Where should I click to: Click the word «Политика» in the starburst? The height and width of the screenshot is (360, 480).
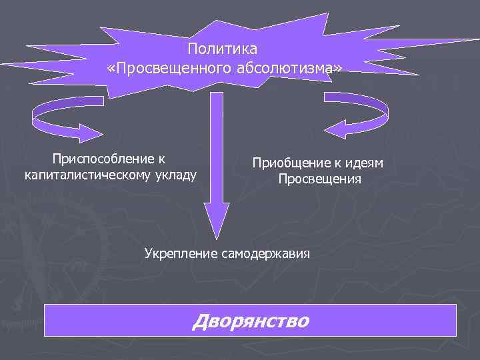pyautogui.click(x=222, y=49)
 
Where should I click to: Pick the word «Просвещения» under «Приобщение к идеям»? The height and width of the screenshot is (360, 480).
pyautogui.click(x=319, y=179)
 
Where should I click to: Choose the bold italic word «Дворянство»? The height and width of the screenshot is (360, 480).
pyautogui.click(x=250, y=321)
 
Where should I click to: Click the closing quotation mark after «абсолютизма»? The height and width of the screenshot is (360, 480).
pyautogui.click(x=340, y=68)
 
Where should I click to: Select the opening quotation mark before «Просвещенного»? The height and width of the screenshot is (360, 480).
pyautogui.click(x=110, y=68)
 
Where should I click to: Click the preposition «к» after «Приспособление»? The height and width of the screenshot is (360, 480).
pyautogui.click(x=161, y=159)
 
